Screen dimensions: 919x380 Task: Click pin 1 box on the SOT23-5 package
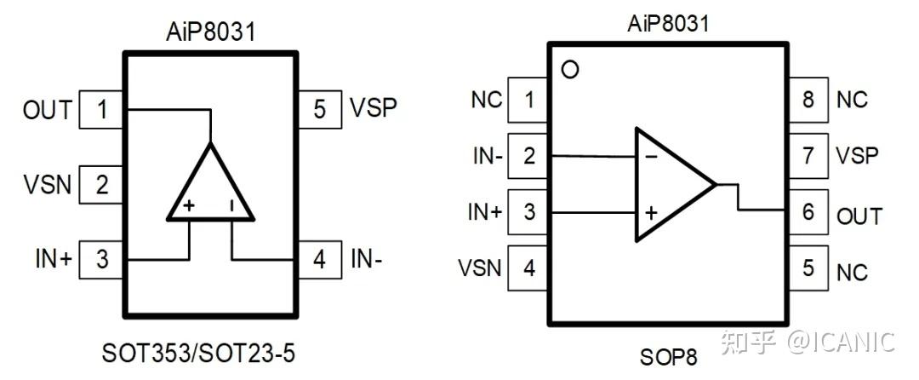(101, 110)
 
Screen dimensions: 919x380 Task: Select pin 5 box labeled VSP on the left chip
(319, 109)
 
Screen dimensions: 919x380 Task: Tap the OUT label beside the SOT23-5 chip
(48, 110)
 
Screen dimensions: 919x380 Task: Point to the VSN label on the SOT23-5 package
(48, 185)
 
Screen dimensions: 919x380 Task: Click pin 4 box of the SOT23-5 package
(319, 259)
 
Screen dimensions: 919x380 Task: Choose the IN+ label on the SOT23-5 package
(54, 259)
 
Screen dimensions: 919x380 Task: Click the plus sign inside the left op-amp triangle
(189, 206)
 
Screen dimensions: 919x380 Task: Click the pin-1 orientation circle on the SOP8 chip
(569, 70)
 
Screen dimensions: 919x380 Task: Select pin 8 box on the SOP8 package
(808, 100)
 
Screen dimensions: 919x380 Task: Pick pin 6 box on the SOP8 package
(808, 211)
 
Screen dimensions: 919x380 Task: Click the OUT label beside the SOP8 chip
(859, 216)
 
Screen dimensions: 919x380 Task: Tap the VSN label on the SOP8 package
(480, 268)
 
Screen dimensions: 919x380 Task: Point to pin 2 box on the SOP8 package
(529, 156)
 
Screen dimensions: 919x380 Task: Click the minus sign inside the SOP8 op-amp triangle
(651, 157)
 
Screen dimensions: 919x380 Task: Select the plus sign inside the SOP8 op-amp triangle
(651, 212)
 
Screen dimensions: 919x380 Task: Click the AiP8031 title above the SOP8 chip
(668, 24)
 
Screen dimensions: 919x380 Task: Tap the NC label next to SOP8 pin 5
(852, 273)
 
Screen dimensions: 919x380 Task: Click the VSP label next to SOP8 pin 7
(858, 155)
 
